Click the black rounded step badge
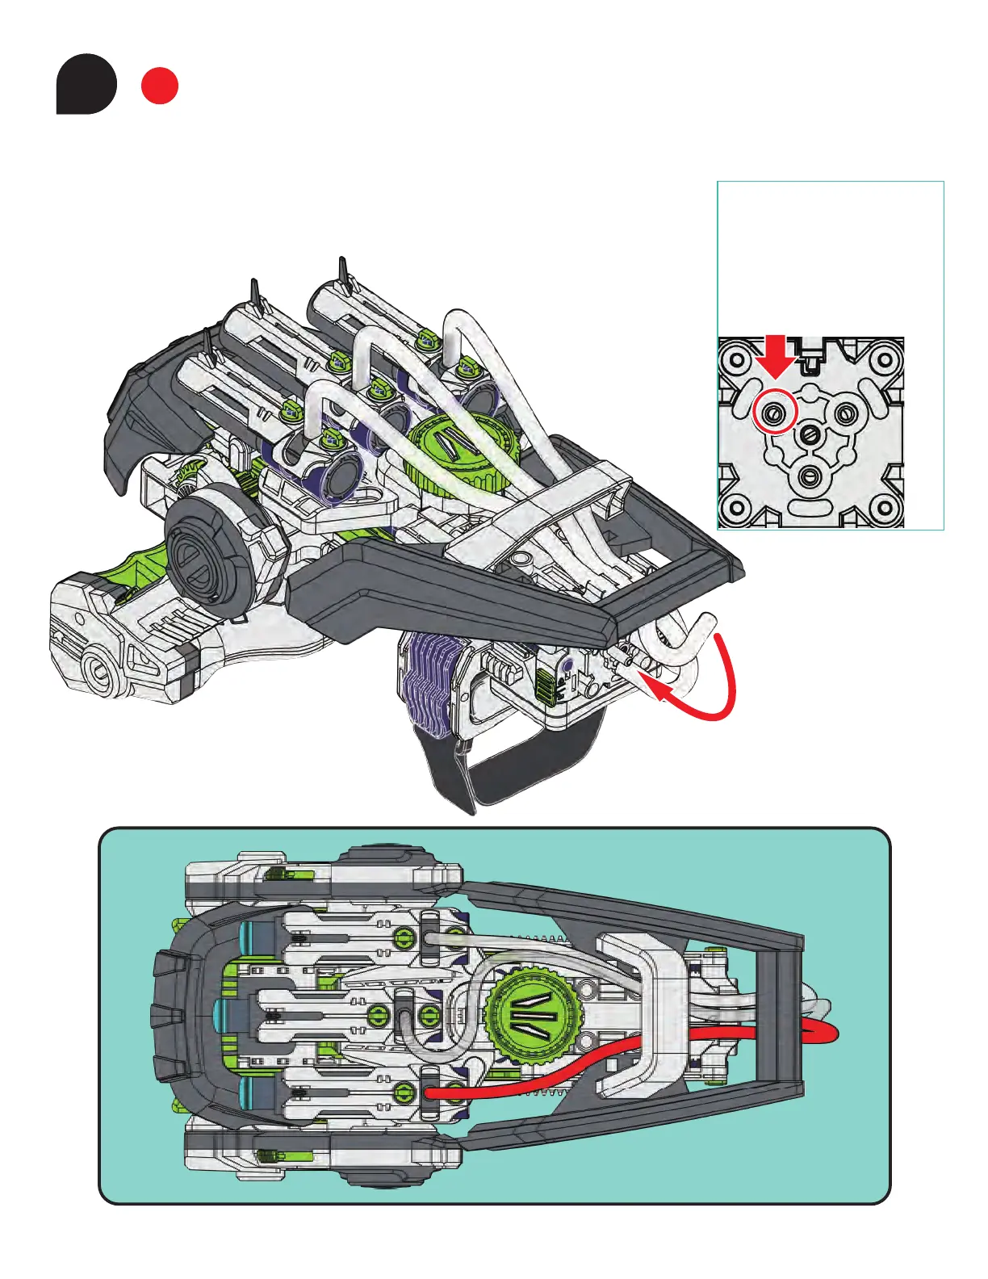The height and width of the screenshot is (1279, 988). [86, 84]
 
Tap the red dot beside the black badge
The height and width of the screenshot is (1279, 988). [160, 86]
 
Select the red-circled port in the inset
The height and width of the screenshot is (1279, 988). [774, 414]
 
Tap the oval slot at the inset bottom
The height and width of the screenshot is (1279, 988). [809, 509]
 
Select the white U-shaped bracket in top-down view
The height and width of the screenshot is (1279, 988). [638, 1009]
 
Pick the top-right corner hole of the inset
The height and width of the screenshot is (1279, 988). [886, 355]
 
